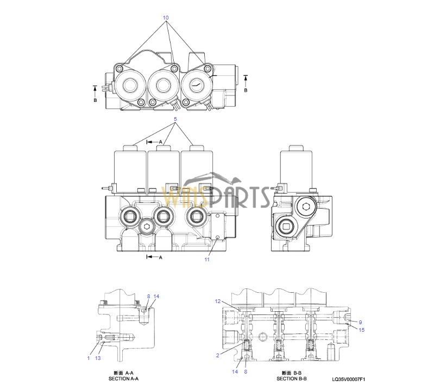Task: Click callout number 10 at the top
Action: [x=166, y=18]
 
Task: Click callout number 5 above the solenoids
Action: [x=175, y=119]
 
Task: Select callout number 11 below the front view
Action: [x=207, y=260]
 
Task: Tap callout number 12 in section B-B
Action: [x=218, y=301]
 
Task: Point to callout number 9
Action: [x=360, y=322]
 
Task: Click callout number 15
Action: [x=361, y=330]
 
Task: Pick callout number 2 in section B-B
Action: [x=218, y=355]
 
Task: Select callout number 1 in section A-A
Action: [x=89, y=358]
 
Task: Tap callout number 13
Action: [x=98, y=358]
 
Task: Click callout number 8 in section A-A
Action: [x=148, y=297]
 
